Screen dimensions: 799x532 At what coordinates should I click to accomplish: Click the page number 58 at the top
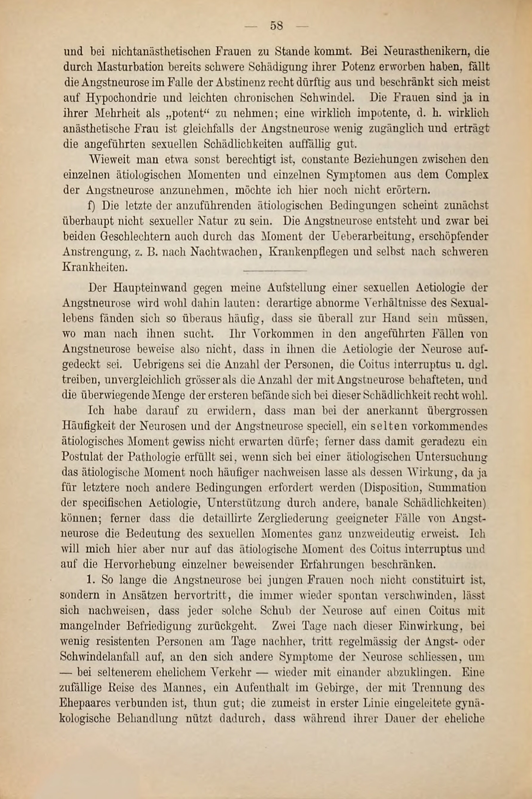(x=277, y=26)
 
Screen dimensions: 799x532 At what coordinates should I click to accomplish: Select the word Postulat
(x=83, y=457)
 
